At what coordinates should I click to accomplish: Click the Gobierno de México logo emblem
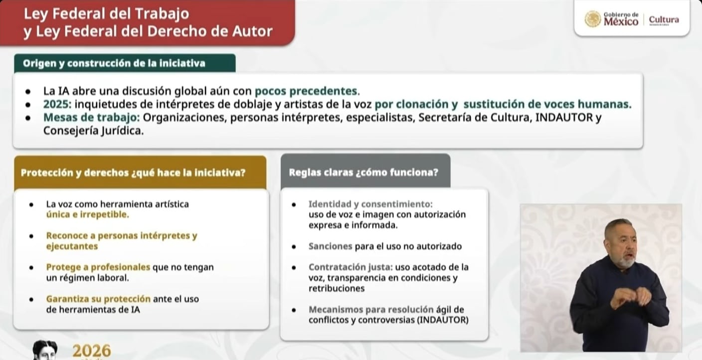pos(593,19)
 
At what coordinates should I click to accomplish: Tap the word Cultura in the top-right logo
pos(664,19)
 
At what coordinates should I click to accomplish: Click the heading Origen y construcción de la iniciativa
pos(114,63)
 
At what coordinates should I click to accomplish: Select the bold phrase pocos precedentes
pos(306,91)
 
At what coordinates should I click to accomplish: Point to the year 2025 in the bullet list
pos(54,105)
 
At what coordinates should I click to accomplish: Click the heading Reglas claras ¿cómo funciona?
pos(363,173)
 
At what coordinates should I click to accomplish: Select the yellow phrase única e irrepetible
pos(87,214)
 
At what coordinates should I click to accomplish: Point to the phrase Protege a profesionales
pos(98,267)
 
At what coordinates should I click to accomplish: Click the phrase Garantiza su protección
pos(98,299)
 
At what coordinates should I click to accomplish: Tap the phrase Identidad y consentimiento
pos(370,204)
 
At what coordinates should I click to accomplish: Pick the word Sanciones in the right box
pos(330,246)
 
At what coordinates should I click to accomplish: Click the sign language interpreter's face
pos(620,244)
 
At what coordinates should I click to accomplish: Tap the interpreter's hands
pos(629,298)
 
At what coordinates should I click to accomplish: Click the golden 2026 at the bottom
pos(92,351)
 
